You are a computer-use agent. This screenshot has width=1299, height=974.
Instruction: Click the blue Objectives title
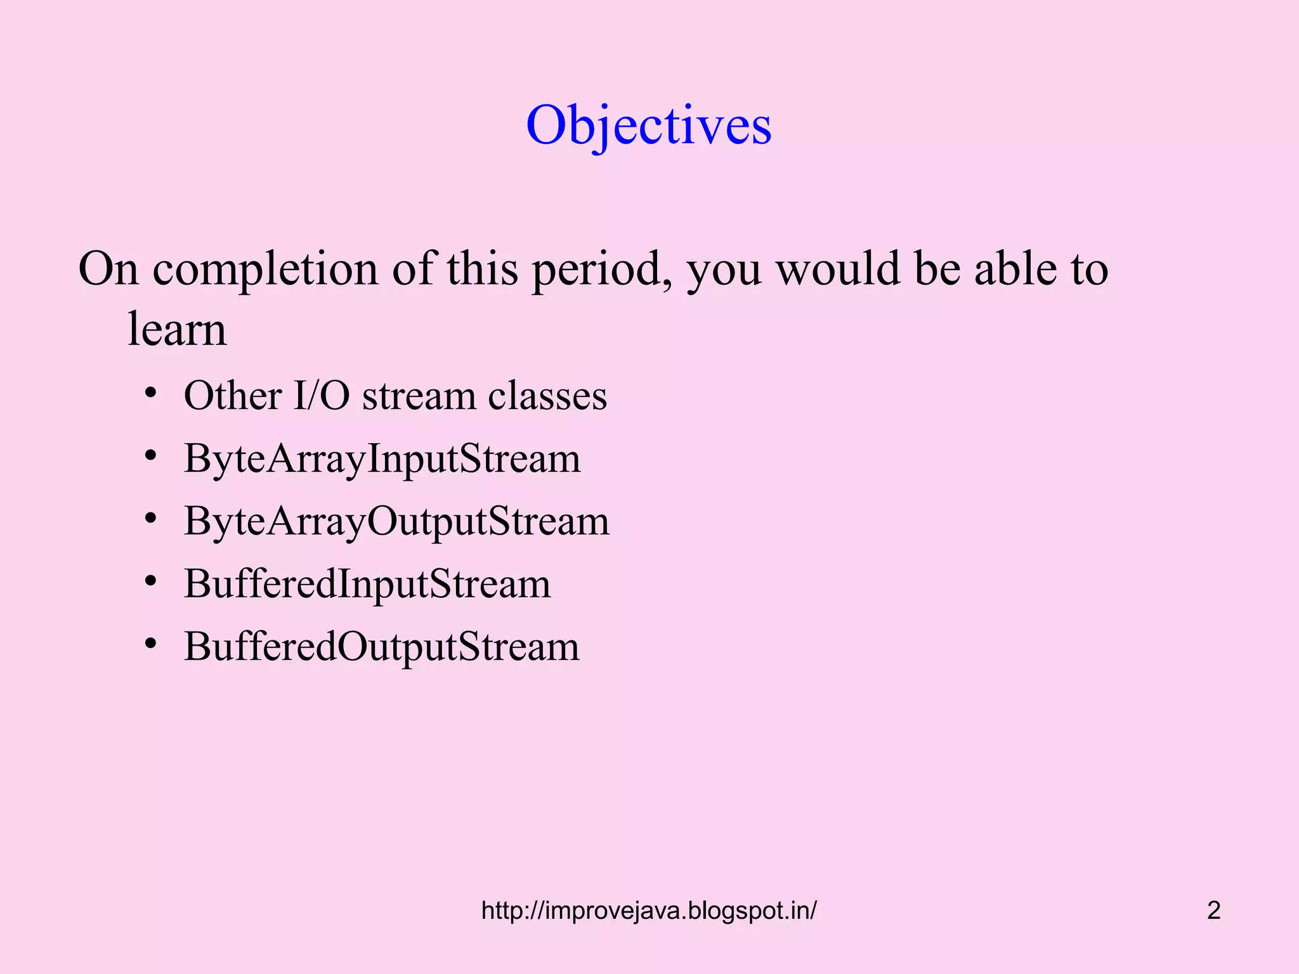coord(649,125)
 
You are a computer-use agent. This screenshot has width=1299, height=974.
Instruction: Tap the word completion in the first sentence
coord(265,269)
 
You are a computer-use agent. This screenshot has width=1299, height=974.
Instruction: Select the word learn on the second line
coord(177,329)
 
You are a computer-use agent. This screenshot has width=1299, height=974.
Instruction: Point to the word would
coord(838,268)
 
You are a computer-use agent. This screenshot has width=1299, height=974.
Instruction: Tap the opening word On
coord(108,268)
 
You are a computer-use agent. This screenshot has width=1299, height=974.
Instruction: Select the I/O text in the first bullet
coord(321,396)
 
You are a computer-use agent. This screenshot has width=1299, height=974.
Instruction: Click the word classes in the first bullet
coord(547,396)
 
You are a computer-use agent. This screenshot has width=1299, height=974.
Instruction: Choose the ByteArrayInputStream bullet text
coord(382,458)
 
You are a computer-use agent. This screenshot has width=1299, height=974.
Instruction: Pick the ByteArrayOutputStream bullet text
coord(396,521)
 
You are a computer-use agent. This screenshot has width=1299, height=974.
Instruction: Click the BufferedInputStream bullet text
coord(367,583)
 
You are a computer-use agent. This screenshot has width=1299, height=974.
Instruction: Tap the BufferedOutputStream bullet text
coord(382,647)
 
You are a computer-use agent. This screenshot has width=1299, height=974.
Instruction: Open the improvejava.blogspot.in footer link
coord(649,911)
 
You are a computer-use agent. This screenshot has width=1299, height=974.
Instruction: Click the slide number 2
coord(1213,911)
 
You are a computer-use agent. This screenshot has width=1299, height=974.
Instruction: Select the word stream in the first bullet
coord(419,396)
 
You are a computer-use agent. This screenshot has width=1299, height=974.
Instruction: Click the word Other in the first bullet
coord(232,396)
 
